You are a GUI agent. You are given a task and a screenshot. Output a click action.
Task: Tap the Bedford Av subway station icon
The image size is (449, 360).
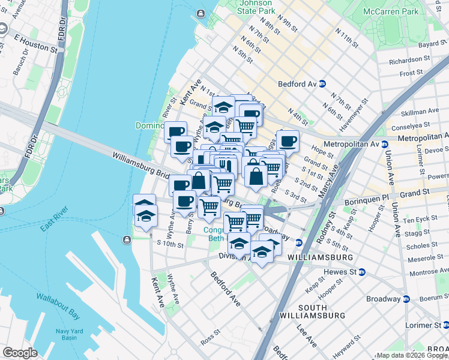point(322,84)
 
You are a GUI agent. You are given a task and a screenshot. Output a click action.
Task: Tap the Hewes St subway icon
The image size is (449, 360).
point(361,272)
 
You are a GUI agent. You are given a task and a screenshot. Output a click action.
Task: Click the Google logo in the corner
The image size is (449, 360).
point(20,352)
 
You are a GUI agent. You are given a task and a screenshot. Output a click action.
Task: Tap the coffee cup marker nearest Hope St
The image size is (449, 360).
point(288,142)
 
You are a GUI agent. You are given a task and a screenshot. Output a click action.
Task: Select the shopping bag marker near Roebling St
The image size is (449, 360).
point(256,176)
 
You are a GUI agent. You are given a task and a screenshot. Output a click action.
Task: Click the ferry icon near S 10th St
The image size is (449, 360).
point(127,240)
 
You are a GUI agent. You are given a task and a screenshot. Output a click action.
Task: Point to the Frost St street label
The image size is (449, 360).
point(411,73)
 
